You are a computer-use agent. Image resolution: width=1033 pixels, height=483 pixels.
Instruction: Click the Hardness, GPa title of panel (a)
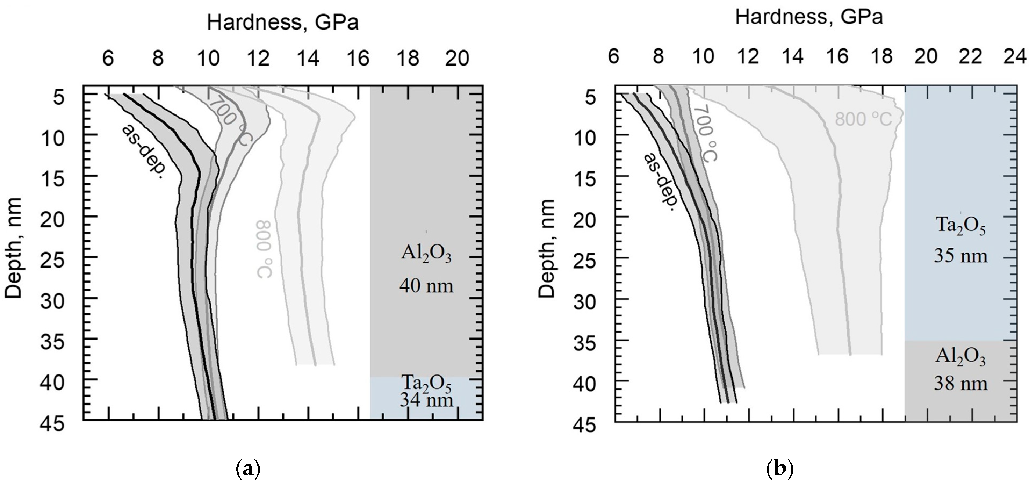tap(282, 23)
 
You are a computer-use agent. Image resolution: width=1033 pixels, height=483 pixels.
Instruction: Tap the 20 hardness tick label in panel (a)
tap(458, 59)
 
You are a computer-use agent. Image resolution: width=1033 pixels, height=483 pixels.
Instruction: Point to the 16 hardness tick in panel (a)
tap(358, 59)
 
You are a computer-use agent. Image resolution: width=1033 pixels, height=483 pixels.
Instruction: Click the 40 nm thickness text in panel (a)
tap(426, 286)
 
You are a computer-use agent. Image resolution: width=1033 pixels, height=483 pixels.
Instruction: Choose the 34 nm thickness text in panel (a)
tap(426, 400)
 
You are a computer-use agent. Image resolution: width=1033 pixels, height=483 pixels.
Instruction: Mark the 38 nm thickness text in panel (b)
tap(960, 384)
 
